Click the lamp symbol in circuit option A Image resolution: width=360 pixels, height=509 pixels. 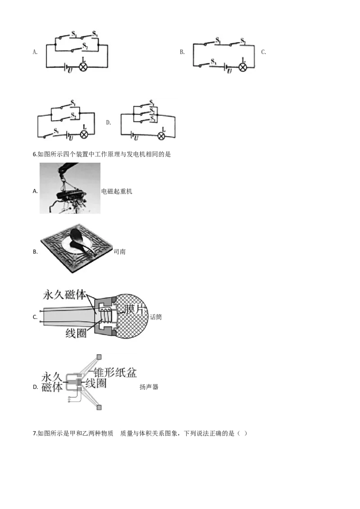point(83,67)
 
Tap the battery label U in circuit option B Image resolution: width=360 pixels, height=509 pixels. point(229,71)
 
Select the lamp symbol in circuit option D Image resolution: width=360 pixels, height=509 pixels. point(161,136)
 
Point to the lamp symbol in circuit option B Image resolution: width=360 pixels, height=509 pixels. point(243,67)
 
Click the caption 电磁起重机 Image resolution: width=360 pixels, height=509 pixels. point(117,191)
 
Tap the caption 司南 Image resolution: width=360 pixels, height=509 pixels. point(120,252)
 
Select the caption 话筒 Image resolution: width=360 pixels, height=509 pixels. point(156,317)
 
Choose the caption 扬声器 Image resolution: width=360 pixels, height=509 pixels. point(149,387)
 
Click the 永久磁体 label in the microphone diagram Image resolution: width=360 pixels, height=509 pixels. point(65,295)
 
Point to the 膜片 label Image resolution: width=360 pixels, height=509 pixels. point(134,309)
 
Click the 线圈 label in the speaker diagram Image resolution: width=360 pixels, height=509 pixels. point(96,384)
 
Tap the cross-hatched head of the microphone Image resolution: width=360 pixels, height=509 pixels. point(131,316)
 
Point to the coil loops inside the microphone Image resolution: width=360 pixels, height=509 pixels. point(105,315)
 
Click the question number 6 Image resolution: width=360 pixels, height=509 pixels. point(35,154)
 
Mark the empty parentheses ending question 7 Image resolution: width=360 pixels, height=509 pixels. point(243,433)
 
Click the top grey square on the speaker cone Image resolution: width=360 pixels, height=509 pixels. point(99,357)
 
